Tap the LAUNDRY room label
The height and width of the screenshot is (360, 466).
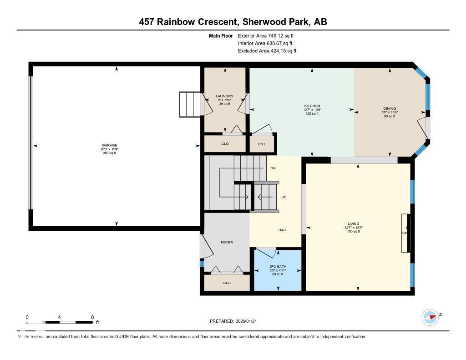(x=224, y=96)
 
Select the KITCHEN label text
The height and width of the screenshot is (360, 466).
(x=312, y=106)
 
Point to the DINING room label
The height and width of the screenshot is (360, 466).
(x=389, y=108)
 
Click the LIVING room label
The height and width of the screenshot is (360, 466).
(x=354, y=223)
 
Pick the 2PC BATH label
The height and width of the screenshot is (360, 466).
(x=277, y=266)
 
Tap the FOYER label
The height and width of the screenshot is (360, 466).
(x=227, y=242)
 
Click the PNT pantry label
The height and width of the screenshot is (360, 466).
(x=262, y=144)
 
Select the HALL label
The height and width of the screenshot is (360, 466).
(x=283, y=230)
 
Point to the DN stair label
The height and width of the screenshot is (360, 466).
(x=273, y=168)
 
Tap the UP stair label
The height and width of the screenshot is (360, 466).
(x=284, y=197)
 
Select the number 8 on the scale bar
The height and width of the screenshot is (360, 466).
(x=92, y=317)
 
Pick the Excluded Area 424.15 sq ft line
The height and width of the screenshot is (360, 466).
(x=267, y=51)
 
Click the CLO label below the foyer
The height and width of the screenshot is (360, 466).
(x=227, y=283)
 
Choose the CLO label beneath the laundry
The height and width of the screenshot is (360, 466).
(x=224, y=144)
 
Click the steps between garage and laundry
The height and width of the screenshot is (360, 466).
(x=189, y=105)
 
